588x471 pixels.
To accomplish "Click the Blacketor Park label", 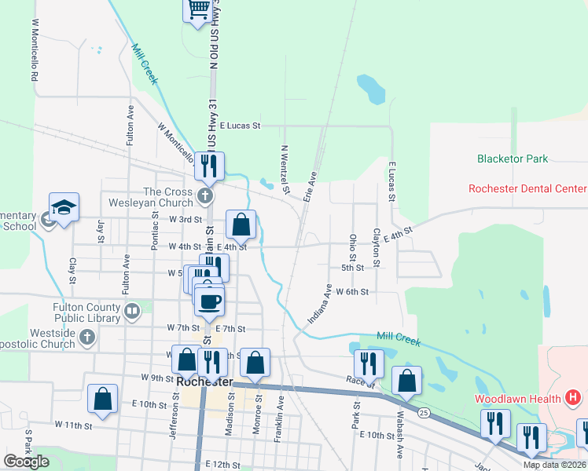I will click(513, 159).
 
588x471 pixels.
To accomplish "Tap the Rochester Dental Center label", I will click(527, 188).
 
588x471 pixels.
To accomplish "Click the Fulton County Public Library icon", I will click(131, 312).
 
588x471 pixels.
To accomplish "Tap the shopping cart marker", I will click(199, 10).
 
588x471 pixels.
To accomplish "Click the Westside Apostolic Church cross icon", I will click(87, 338).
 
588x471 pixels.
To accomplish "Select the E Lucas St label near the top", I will click(250, 125).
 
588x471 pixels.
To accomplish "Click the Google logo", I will click(26, 461).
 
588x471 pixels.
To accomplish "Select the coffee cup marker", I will click(209, 301).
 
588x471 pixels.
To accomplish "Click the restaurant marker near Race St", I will click(367, 363).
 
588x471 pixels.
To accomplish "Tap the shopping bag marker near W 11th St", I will click(103, 398).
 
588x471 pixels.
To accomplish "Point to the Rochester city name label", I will click(205, 381).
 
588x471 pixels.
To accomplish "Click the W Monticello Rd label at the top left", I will click(34, 52).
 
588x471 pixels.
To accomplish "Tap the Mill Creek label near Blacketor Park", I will click(399, 338).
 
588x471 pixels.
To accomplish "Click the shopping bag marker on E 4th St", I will click(241, 225).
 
